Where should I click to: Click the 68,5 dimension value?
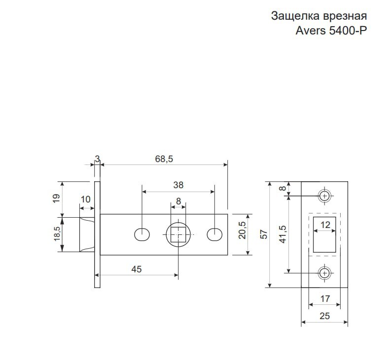point(164,159)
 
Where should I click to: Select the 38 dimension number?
point(178,185)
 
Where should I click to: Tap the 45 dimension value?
point(137,269)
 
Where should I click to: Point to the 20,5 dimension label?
point(242,230)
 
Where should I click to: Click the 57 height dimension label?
point(264,234)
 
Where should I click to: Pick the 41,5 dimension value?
point(283,234)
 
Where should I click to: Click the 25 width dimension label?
point(324,316)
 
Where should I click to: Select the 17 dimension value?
point(325,299)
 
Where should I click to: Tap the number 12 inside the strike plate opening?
point(325,225)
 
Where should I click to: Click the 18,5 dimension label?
point(57,233)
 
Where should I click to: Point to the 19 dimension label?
point(57,198)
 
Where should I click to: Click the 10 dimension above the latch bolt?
point(85,199)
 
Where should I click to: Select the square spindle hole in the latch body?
point(178,234)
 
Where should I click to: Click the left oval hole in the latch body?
point(142,234)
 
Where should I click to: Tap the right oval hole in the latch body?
point(215,234)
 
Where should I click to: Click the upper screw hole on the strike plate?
point(324,196)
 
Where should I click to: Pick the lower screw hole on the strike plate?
point(324,273)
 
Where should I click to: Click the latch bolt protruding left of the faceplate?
point(87,234)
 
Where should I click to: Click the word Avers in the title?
point(311,31)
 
